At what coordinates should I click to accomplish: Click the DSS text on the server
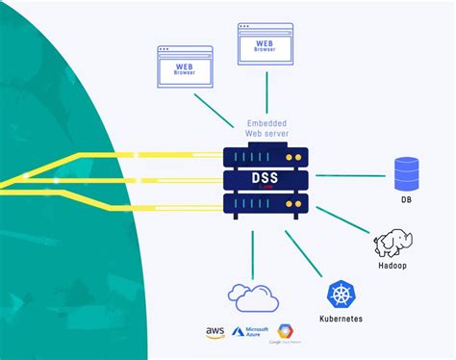(267, 180)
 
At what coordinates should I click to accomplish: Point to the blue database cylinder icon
(408, 173)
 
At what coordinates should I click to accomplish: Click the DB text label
(408, 201)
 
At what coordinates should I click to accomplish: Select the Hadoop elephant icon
(395, 243)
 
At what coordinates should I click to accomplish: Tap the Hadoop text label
(395, 266)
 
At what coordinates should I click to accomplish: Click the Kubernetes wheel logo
(342, 295)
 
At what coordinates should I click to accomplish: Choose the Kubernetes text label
(343, 319)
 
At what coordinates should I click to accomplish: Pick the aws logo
(215, 333)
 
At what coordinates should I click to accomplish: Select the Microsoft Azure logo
(249, 333)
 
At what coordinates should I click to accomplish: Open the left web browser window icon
(184, 64)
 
